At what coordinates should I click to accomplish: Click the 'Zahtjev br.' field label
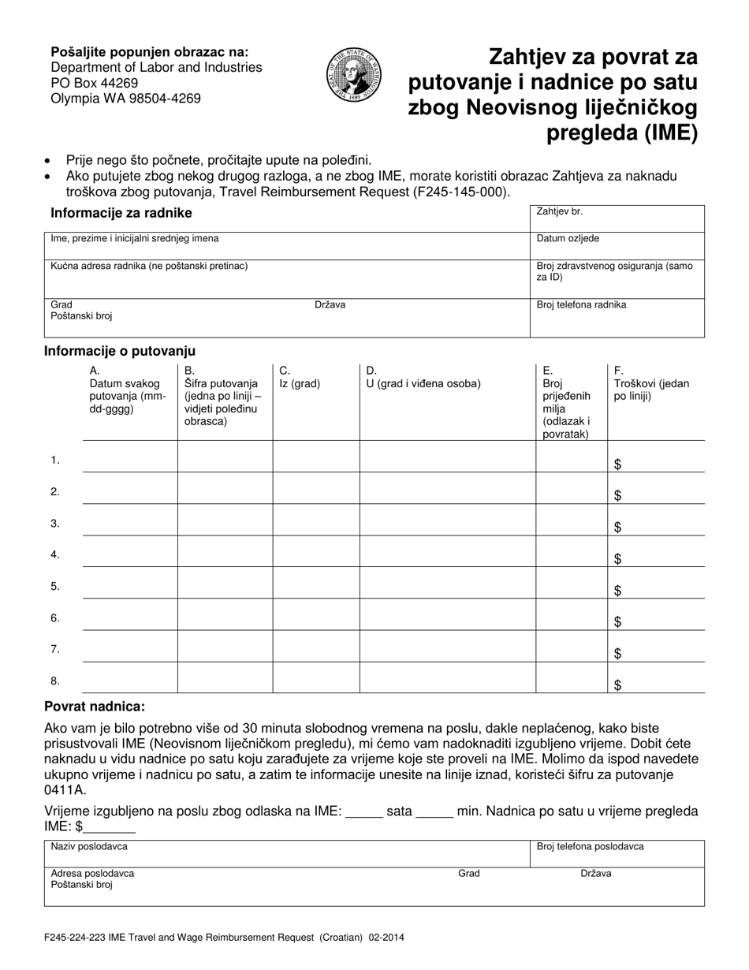(559, 212)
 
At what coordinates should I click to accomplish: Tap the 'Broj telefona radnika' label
(581, 305)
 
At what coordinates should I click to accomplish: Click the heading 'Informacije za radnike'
(121, 213)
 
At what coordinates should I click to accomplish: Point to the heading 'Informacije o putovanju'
(120, 351)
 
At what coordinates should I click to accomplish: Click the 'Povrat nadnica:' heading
(95, 707)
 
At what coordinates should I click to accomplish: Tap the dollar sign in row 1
(618, 464)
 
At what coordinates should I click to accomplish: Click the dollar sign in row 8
(618, 685)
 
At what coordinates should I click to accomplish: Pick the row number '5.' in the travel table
(55, 586)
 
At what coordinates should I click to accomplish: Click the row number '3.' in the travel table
(55, 523)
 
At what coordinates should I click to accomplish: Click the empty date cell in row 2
(130, 489)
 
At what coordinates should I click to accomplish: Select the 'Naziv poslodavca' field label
(89, 846)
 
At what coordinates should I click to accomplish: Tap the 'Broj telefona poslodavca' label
(590, 846)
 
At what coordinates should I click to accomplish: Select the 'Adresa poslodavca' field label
(92, 873)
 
